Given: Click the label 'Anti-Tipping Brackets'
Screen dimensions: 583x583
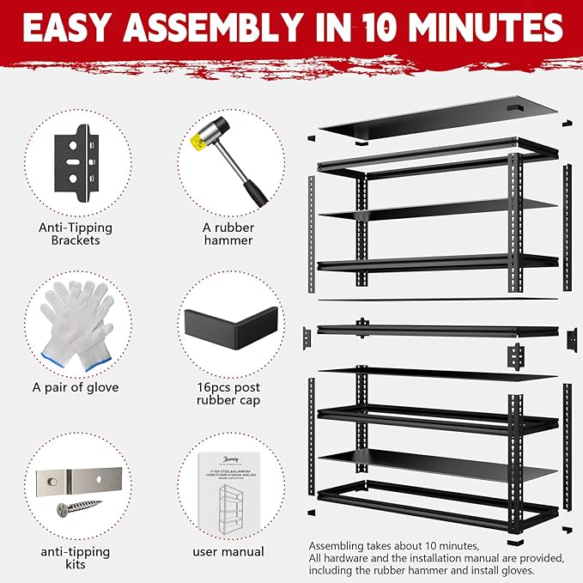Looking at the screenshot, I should tap(75, 234).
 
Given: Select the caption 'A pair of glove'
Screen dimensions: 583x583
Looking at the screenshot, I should tap(76, 387).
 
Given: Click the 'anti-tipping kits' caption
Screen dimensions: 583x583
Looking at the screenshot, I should tap(76, 558).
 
